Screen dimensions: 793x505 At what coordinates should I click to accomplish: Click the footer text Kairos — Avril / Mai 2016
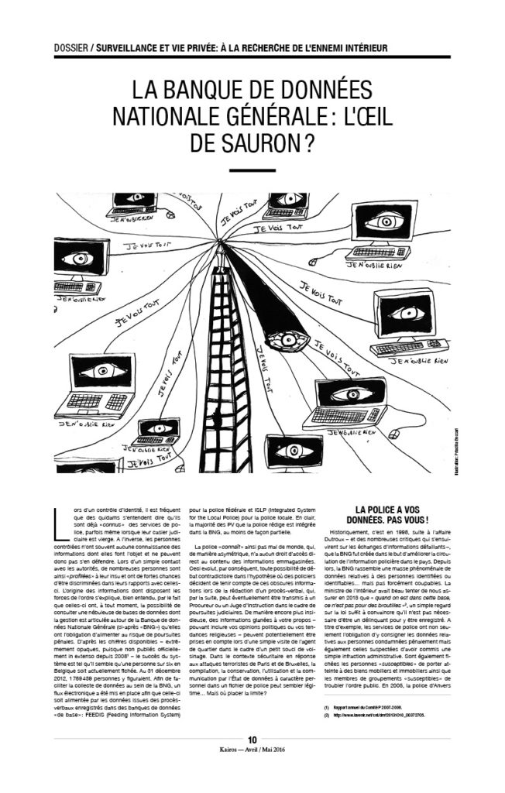pos(252,750)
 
